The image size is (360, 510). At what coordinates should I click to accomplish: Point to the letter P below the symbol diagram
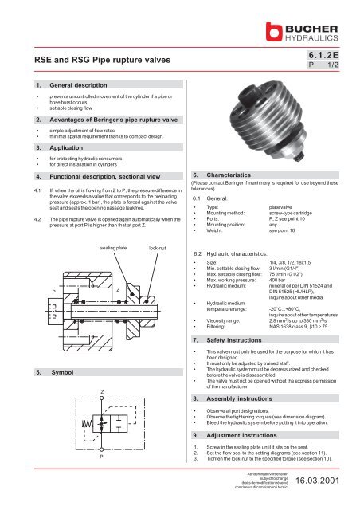(102, 481)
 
